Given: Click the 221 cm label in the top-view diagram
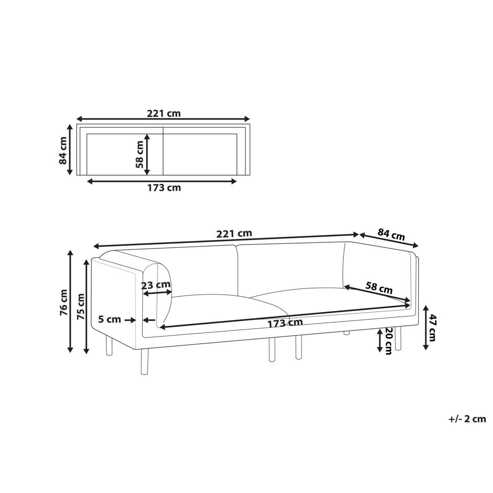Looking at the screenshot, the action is pos(164,113).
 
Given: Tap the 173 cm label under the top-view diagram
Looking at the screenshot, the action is pos(164,188).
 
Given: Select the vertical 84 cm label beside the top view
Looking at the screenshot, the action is pos(63,150).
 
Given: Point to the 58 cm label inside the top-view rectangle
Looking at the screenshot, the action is pos(139,154).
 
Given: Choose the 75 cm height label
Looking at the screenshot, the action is pos(81,307).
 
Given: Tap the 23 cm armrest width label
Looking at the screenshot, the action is pos(156,285).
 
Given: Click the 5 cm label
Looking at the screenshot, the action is pos(110,319).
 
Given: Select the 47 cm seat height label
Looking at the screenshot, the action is pos(432,328).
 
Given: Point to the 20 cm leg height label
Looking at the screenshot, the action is pos(389,341).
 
